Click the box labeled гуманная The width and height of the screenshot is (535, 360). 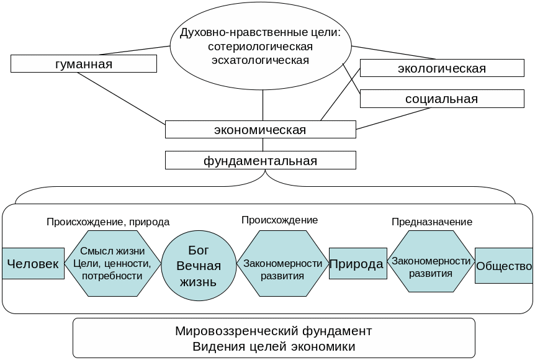click(83, 64)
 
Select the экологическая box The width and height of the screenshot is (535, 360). click(441, 68)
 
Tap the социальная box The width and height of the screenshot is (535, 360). click(441, 99)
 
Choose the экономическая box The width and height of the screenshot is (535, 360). click(260, 130)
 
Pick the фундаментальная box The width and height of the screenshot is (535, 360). click(260, 161)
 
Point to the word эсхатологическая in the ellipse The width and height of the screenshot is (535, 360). click(260, 60)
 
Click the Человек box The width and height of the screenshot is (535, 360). click(33, 264)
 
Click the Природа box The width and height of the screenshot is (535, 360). click(357, 264)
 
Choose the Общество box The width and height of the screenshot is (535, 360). click(504, 266)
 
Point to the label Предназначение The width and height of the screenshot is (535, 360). click(432, 222)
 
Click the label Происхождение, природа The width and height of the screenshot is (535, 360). click(108, 222)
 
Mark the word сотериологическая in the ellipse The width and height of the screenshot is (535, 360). click(260, 47)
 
